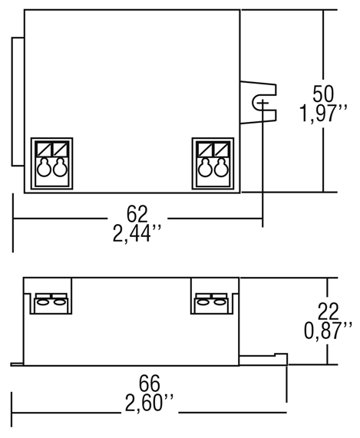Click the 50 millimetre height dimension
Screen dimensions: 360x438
(x=323, y=94)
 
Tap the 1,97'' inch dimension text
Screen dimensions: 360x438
(x=323, y=113)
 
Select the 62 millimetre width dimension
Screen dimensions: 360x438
(x=137, y=214)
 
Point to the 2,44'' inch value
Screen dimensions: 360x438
(x=137, y=233)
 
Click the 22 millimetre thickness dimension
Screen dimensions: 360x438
(x=328, y=311)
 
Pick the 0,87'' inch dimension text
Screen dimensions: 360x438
(x=328, y=330)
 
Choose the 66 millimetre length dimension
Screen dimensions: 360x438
(x=150, y=384)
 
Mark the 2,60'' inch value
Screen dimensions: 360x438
(x=149, y=403)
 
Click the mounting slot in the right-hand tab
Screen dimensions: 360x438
(x=259, y=103)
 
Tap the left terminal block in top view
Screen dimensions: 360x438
(x=51, y=163)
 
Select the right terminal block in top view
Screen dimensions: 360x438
(x=213, y=163)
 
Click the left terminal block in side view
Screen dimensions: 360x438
(x=51, y=303)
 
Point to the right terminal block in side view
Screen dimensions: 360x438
(x=212, y=303)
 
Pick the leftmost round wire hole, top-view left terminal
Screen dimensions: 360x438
(x=45, y=168)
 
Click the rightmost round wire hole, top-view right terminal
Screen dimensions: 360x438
(x=221, y=168)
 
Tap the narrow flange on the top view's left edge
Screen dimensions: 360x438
(x=18, y=102)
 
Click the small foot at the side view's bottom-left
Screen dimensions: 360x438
(x=17, y=364)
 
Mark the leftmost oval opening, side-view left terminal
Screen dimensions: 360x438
(x=43, y=302)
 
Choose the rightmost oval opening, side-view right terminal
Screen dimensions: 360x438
(x=220, y=302)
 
